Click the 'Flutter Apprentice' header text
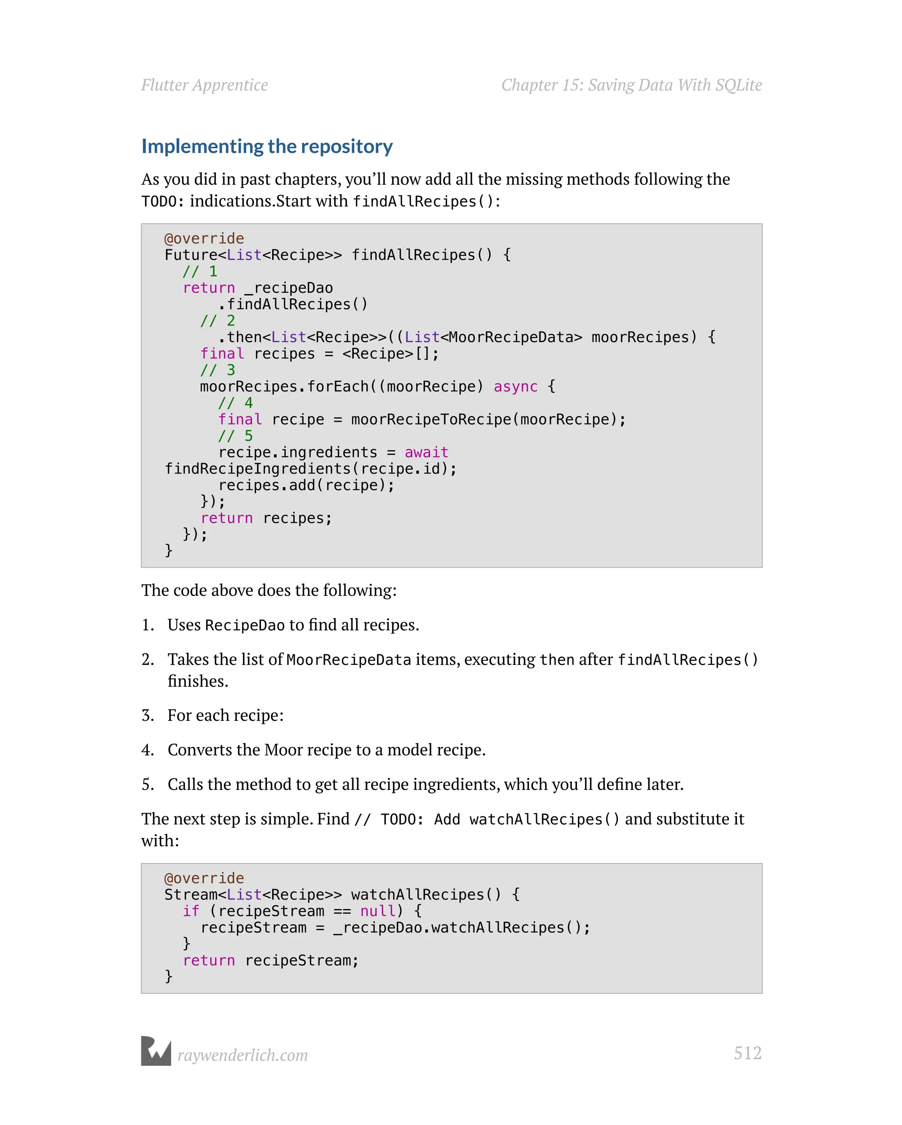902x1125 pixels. pyautogui.click(x=204, y=85)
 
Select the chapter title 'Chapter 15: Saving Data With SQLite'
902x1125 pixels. pyautogui.click(x=632, y=85)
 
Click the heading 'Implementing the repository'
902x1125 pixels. pyautogui.click(x=267, y=147)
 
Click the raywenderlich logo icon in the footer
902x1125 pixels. pyautogui.click(x=156, y=1051)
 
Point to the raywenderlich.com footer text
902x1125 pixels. pyautogui.click(x=242, y=1055)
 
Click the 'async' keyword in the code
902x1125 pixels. pyautogui.click(x=515, y=387)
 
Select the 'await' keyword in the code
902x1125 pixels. pyautogui.click(x=426, y=452)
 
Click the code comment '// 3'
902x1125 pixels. pyautogui.click(x=218, y=370)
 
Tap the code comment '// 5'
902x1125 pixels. pyautogui.click(x=235, y=436)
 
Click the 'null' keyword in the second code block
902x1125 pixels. pyautogui.click(x=378, y=911)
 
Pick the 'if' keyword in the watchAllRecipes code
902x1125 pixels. pyautogui.click(x=191, y=911)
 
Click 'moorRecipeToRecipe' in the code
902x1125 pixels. pyautogui.click(x=431, y=420)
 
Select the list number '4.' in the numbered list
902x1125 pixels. pyautogui.click(x=148, y=750)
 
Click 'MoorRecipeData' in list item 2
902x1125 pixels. pyautogui.click(x=349, y=660)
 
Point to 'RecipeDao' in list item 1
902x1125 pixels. pyautogui.click(x=244, y=626)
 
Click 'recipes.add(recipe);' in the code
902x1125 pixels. pyautogui.click(x=306, y=485)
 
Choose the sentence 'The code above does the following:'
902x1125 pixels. pyautogui.click(x=269, y=590)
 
